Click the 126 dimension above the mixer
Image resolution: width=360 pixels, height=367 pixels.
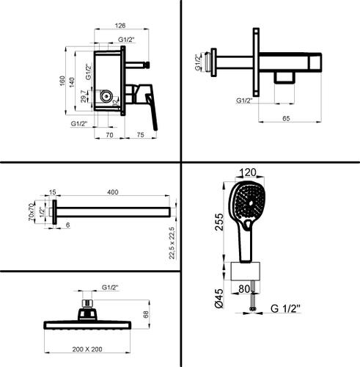(x=120, y=26)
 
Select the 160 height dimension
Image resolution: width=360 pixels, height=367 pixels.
(x=62, y=81)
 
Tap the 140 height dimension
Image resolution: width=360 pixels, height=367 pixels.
(x=72, y=82)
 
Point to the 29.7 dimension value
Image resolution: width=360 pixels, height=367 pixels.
(x=84, y=96)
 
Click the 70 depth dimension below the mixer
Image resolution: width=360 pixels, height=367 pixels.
(x=109, y=135)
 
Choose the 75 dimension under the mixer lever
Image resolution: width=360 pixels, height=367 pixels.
(x=141, y=135)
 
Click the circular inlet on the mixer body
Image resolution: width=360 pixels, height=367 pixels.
(x=106, y=96)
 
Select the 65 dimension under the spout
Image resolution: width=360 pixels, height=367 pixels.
(x=286, y=118)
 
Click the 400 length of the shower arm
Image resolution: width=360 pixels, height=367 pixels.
(x=113, y=192)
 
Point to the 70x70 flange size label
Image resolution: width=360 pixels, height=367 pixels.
(x=31, y=212)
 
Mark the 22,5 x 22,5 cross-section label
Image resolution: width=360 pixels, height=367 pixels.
(x=172, y=243)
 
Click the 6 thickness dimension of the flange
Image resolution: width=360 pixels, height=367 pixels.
(x=68, y=225)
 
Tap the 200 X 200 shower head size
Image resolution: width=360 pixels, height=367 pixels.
(x=87, y=349)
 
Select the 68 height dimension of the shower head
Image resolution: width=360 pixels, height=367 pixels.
(x=145, y=314)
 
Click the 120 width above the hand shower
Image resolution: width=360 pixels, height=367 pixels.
(x=248, y=172)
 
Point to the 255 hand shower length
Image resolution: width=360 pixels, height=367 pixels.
(x=219, y=222)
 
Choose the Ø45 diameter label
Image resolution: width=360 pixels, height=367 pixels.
(x=219, y=298)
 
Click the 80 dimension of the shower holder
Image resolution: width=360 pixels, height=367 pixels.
(x=244, y=289)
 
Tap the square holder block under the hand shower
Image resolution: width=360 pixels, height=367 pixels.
(x=246, y=272)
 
